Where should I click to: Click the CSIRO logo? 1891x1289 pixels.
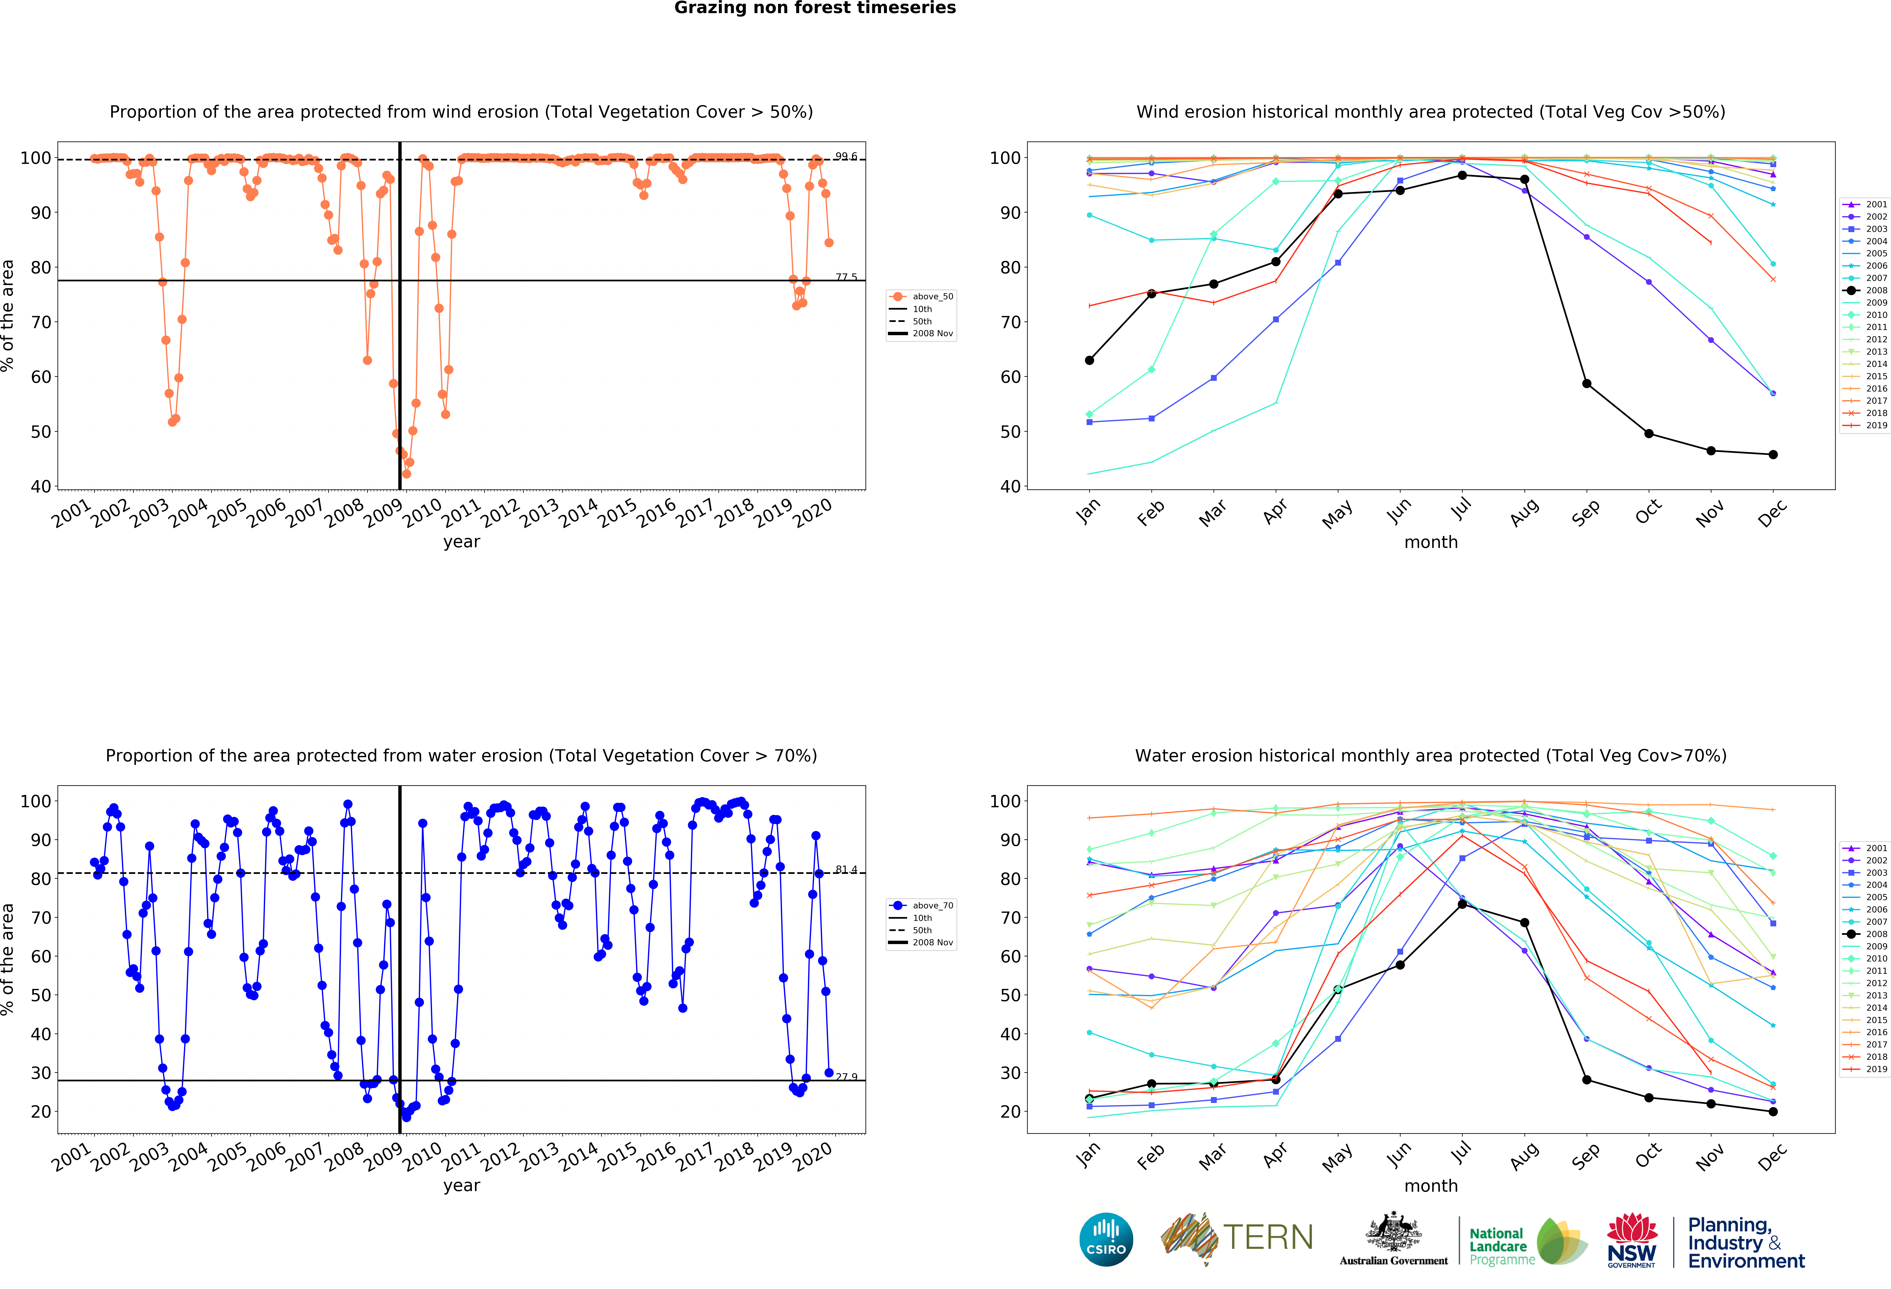(x=1106, y=1239)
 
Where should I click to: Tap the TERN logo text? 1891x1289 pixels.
(x=1268, y=1238)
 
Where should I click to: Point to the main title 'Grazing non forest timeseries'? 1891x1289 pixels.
(x=814, y=8)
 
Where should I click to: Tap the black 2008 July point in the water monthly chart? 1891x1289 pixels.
(x=1462, y=904)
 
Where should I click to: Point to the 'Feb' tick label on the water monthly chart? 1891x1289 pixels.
(x=1151, y=1156)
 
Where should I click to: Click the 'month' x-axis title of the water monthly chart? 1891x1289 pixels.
(x=1430, y=1186)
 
